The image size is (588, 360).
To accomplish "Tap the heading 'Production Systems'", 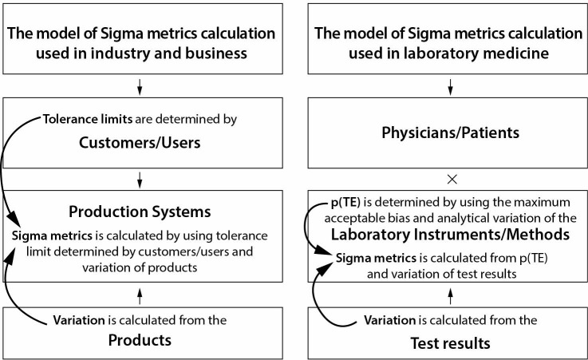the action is click(x=140, y=213).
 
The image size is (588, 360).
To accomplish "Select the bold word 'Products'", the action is click(x=140, y=342).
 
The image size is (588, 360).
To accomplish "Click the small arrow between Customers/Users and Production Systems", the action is click(x=140, y=179).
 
